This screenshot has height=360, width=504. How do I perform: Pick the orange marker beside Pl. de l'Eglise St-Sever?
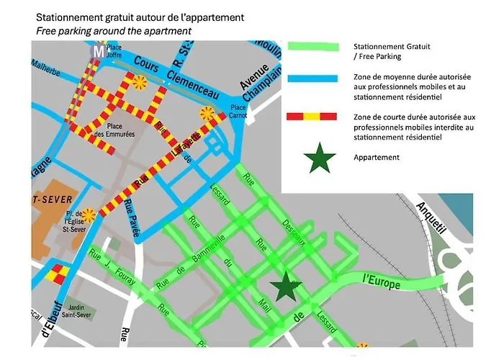coord(89,215)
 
